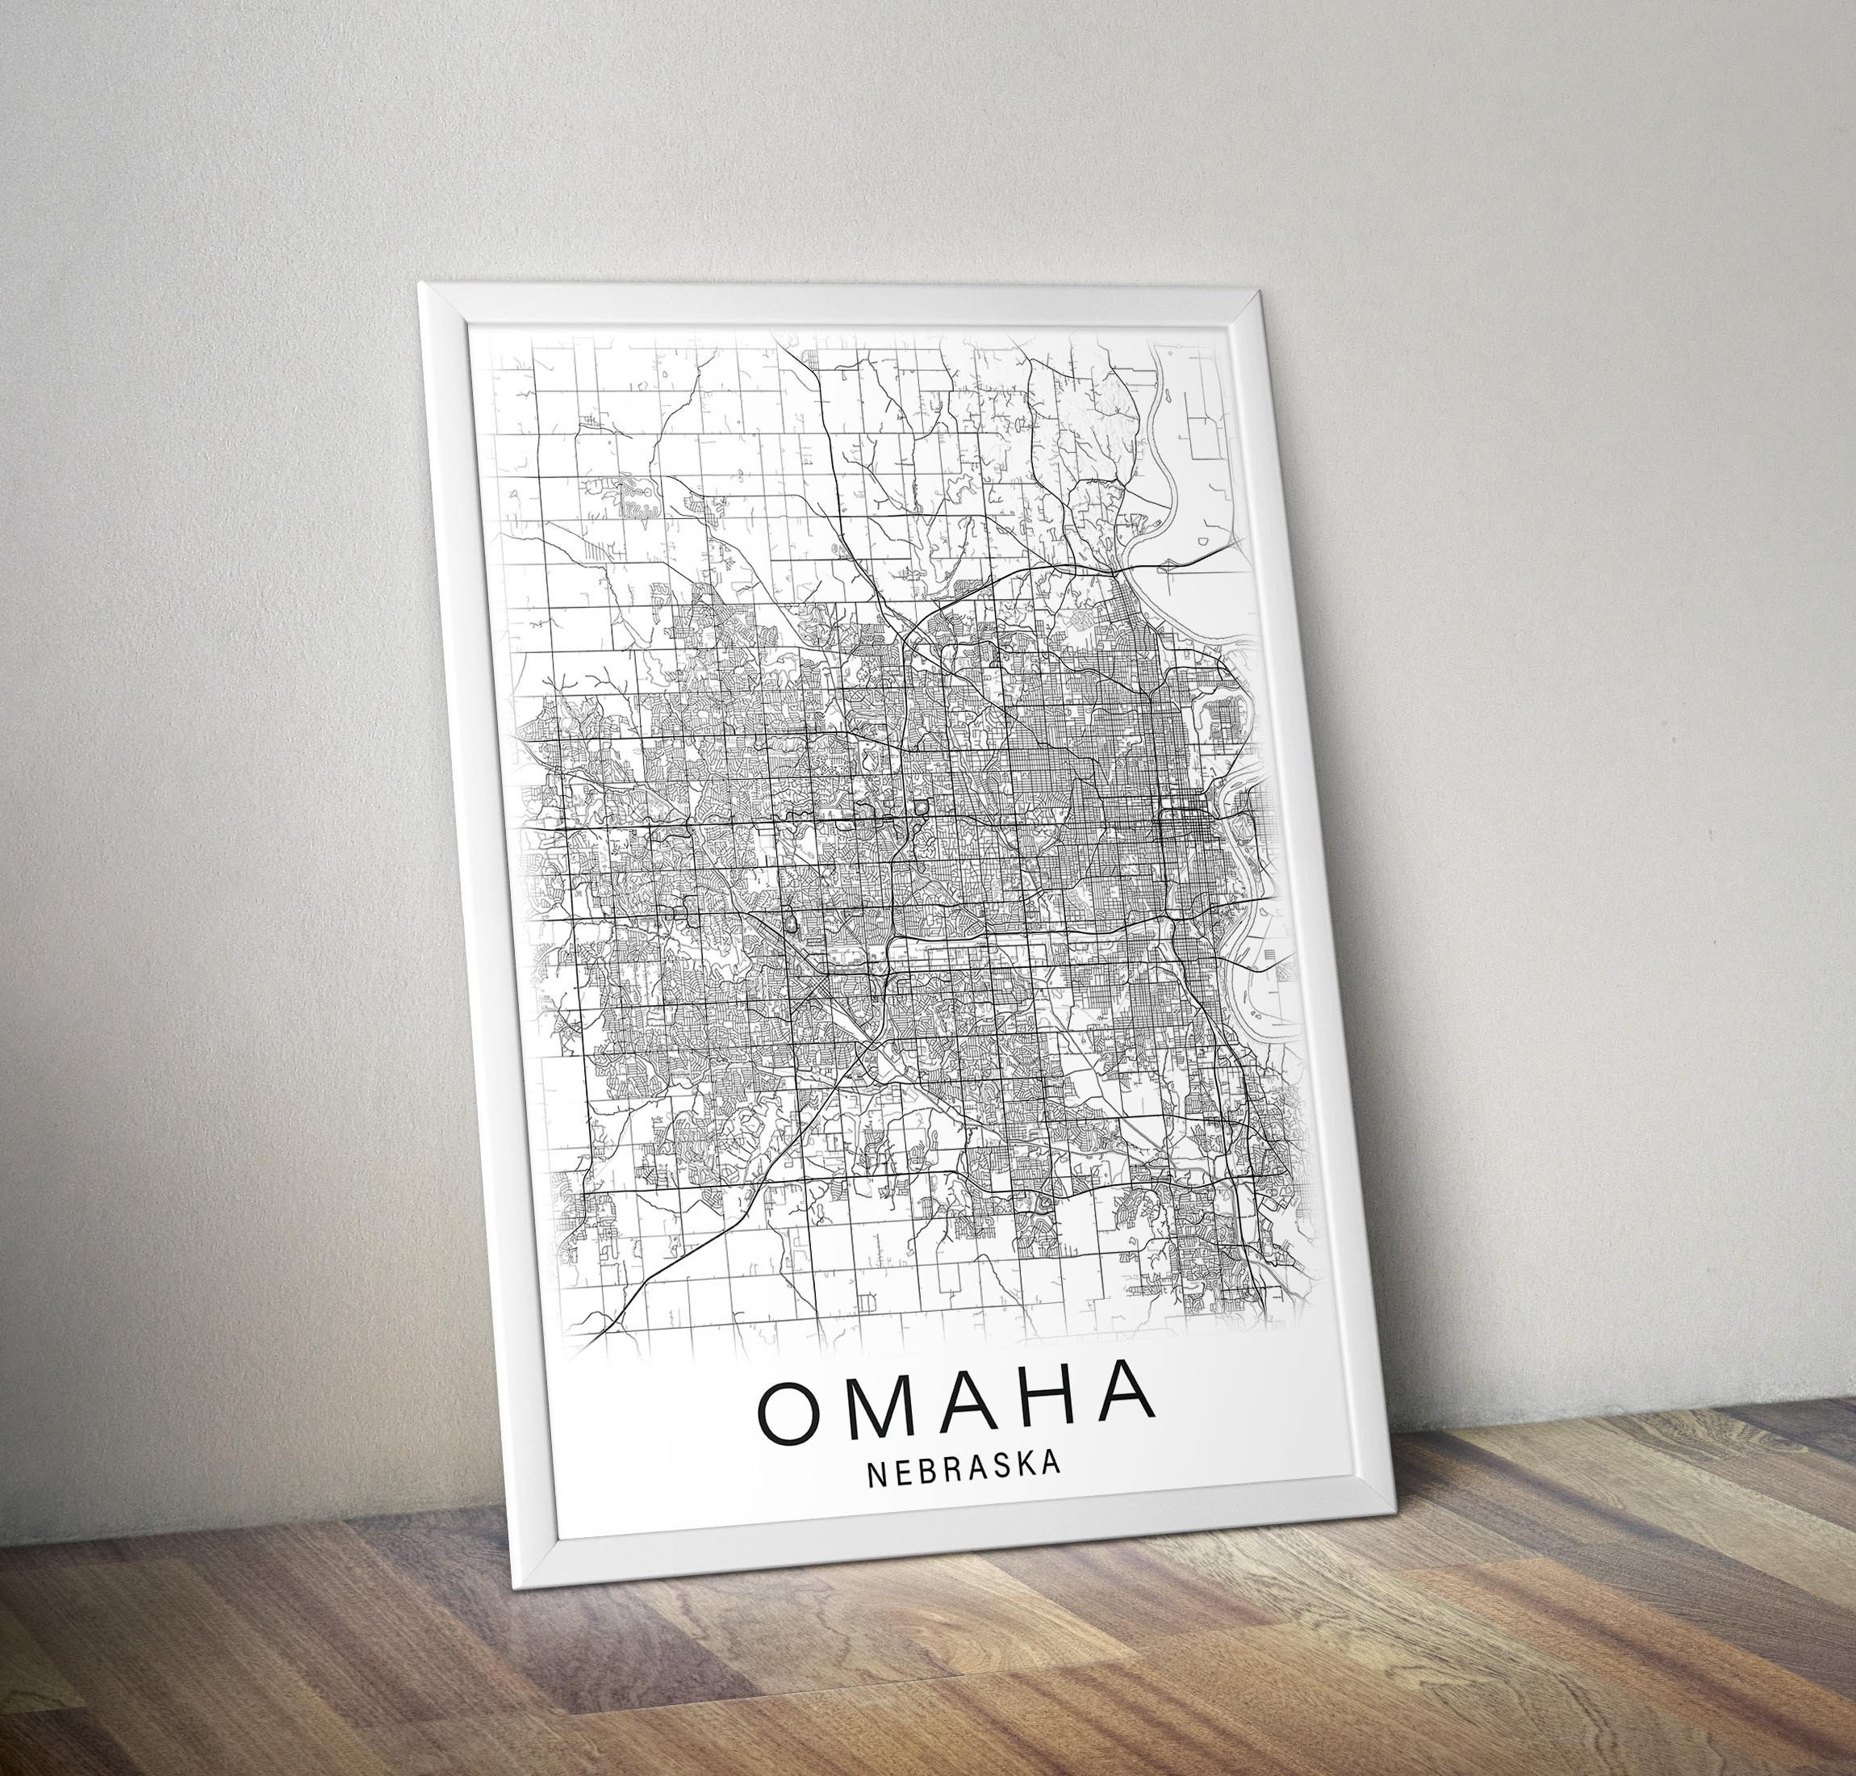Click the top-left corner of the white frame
click(x=422, y=284)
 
